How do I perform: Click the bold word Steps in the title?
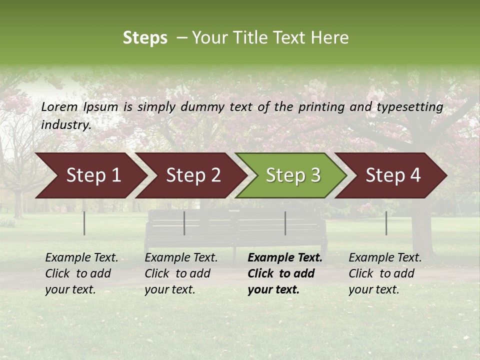pyautogui.click(x=145, y=38)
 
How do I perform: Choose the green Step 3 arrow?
pyautogui.click(x=293, y=175)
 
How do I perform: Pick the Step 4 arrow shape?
pyautogui.click(x=393, y=175)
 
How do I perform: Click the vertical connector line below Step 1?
pyautogui.click(x=84, y=223)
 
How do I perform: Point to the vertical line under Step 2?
pyautogui.click(x=184, y=223)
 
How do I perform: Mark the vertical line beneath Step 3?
pyautogui.click(x=285, y=223)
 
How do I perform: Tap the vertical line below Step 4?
pyautogui.click(x=386, y=223)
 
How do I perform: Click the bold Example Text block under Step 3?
pyautogui.click(x=284, y=273)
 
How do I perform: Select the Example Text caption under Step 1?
pyautogui.click(x=81, y=273)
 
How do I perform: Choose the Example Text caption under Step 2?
pyautogui.click(x=181, y=273)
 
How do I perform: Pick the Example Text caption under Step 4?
pyautogui.click(x=385, y=273)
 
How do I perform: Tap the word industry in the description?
pyautogui.click(x=66, y=125)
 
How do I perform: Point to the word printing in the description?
pyautogui.click(x=320, y=106)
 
